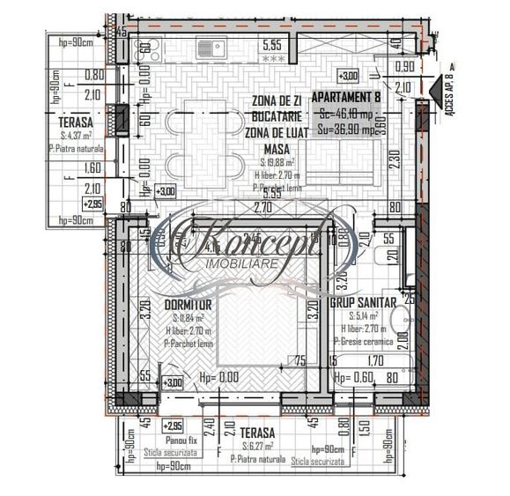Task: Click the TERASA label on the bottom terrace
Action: pyautogui.click(x=256, y=433)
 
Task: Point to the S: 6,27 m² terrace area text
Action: pyautogui.click(x=256, y=447)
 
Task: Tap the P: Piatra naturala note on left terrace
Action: pyautogui.click(x=78, y=150)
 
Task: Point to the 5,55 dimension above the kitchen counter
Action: pyautogui.click(x=273, y=43)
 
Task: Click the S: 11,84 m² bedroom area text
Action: pyautogui.click(x=188, y=317)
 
